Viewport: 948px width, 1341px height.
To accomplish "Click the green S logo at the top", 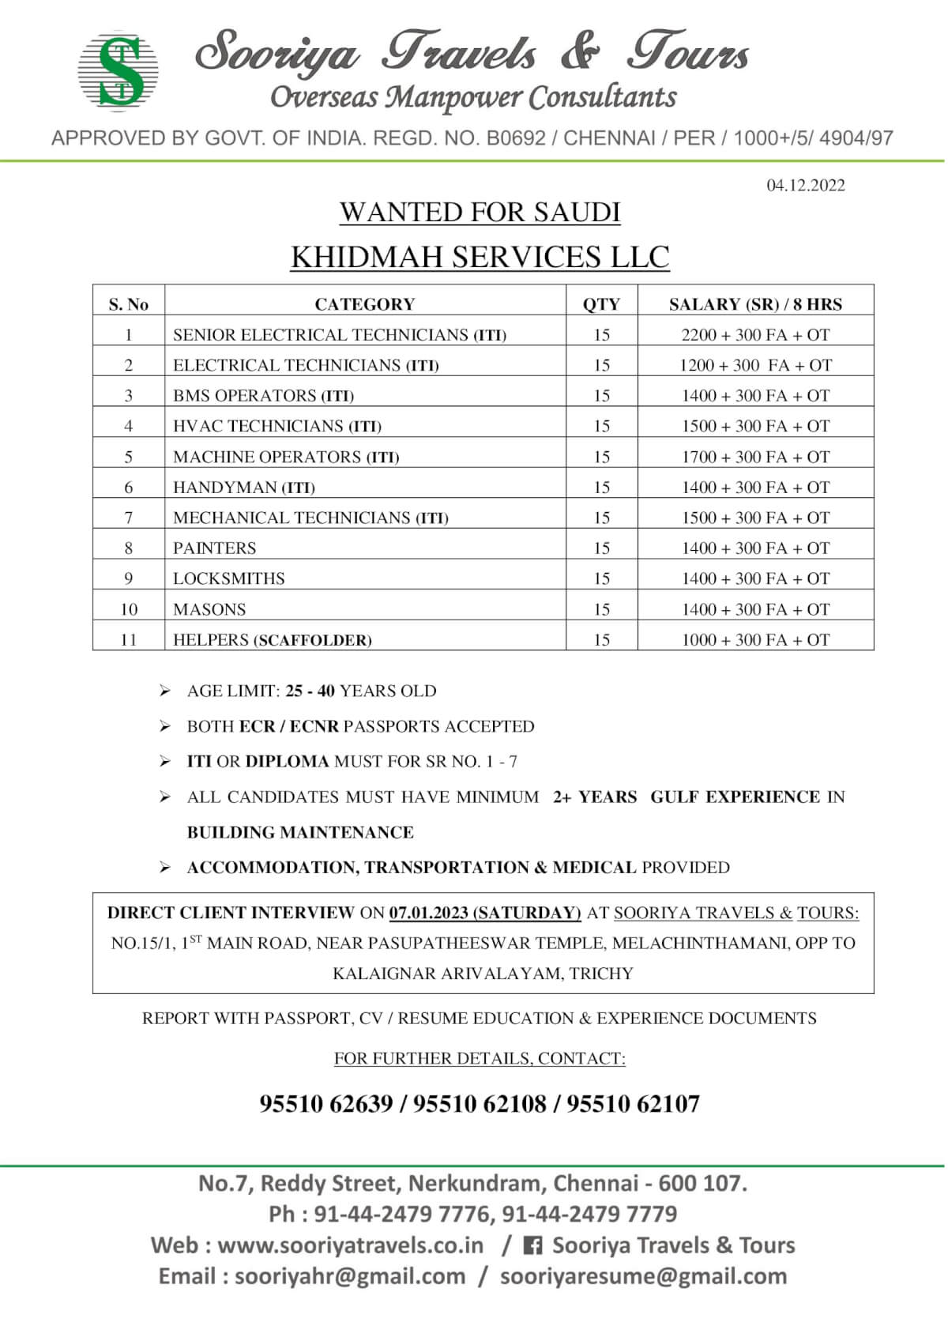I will (x=118, y=71).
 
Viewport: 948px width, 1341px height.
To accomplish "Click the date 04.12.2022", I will (x=805, y=186).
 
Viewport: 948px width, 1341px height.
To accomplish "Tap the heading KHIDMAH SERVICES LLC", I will (x=480, y=257).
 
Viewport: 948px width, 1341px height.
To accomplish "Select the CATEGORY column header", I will (x=364, y=304).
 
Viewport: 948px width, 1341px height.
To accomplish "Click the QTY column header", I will (x=601, y=304).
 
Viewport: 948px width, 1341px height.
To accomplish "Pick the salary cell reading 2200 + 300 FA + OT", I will (x=755, y=335).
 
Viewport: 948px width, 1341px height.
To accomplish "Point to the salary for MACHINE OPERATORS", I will (x=755, y=457).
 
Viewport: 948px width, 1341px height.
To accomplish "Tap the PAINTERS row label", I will (x=215, y=548).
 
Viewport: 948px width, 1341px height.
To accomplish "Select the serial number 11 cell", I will (x=129, y=640).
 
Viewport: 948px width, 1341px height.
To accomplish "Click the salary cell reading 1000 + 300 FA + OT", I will (x=755, y=640).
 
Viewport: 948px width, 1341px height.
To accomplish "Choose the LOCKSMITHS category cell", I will (x=229, y=578).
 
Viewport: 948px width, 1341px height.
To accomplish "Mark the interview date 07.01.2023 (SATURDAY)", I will (x=484, y=913).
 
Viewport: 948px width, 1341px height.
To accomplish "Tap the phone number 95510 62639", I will (x=325, y=1104).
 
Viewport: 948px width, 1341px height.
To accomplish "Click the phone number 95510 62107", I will (x=633, y=1104).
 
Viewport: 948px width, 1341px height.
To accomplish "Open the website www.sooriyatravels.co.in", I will (x=350, y=1245).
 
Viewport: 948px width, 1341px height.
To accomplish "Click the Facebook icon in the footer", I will (x=533, y=1246).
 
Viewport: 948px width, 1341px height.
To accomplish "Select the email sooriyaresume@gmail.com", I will (x=643, y=1276).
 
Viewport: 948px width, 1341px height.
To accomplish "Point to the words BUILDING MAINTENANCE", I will (x=300, y=832).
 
